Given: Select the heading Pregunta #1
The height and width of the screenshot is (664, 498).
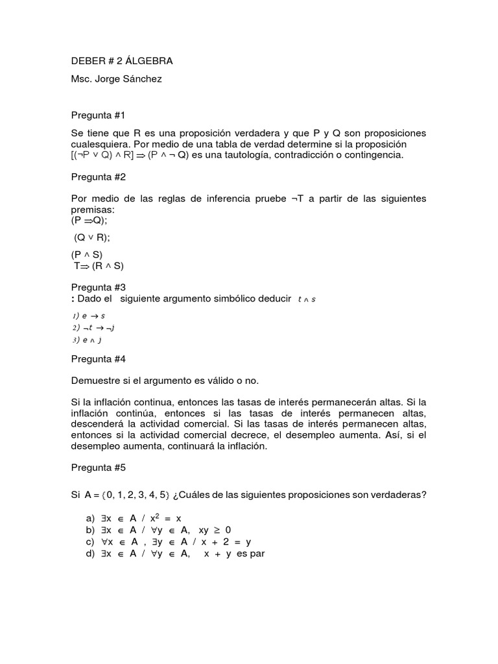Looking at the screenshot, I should tap(97, 115).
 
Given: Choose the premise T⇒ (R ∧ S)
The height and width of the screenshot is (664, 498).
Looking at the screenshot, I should tap(98, 266).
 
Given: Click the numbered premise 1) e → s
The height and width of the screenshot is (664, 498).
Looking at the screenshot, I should tap(88, 315).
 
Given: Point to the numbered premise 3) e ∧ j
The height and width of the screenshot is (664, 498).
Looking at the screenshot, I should tap(88, 339).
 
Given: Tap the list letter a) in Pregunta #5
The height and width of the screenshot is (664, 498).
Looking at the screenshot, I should tap(90, 519).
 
